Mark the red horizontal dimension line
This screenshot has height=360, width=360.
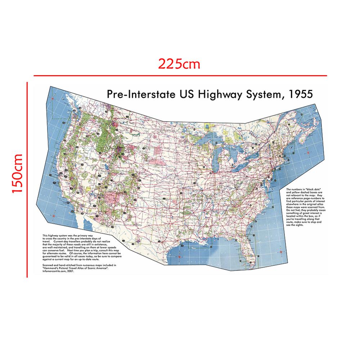(180, 76)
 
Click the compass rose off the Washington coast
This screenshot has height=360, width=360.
(53, 98)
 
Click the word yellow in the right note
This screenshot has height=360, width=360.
(301, 192)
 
